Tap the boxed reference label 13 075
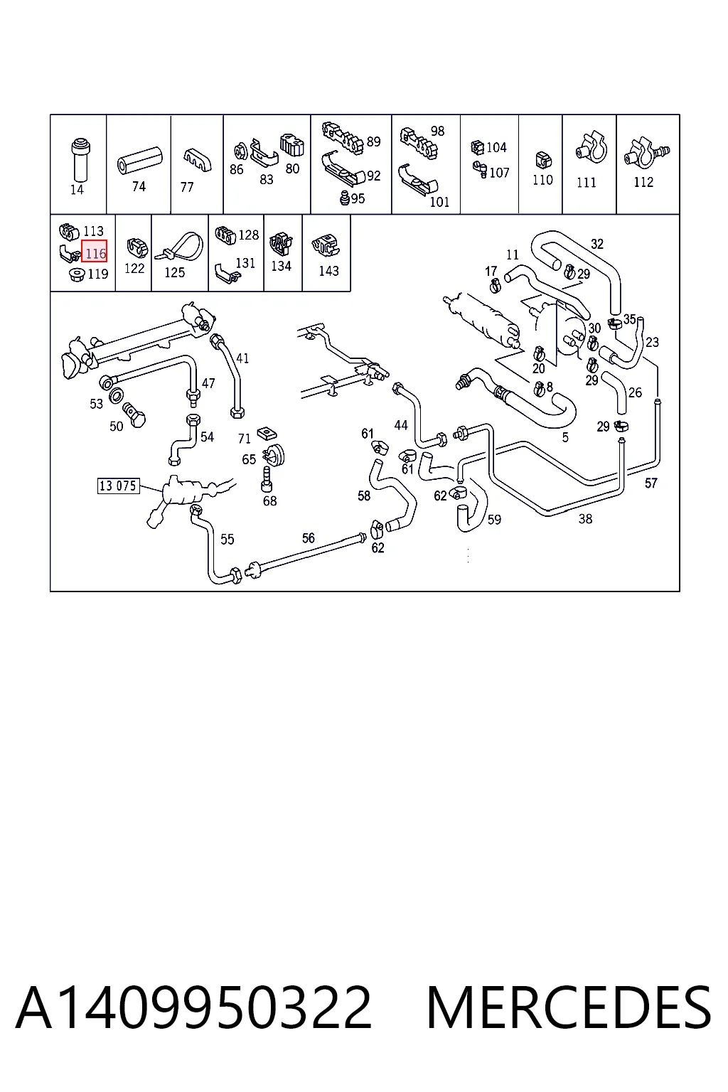click(118, 486)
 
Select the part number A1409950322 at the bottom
click(193, 1008)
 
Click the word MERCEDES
click(569, 1008)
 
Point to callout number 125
click(175, 272)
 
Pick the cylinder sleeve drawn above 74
click(139, 160)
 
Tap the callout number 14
click(77, 190)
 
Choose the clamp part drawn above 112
click(646, 151)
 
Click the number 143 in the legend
click(328, 271)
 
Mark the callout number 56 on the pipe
click(308, 538)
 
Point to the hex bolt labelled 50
click(134, 414)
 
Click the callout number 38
click(585, 519)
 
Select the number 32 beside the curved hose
click(597, 244)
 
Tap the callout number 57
click(651, 483)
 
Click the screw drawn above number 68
click(267, 478)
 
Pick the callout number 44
click(401, 425)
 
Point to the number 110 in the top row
click(542, 180)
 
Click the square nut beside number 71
click(267, 432)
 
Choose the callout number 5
click(565, 437)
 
